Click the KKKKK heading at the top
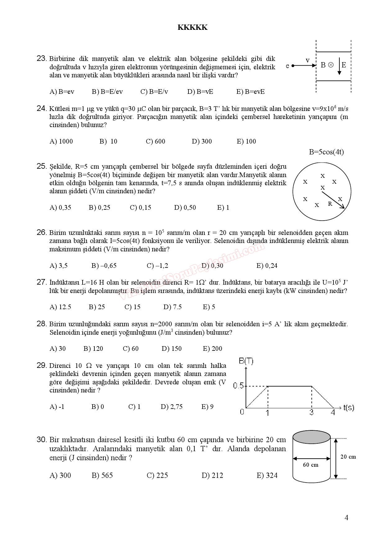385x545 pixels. [192, 27]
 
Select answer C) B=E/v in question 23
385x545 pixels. [154, 92]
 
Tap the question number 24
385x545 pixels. [41, 108]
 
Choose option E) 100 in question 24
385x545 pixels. [246, 141]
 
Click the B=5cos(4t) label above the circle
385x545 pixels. [326, 152]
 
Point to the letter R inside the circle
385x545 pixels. [330, 204]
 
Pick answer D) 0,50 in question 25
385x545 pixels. [185, 208]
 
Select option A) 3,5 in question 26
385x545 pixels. [59, 266]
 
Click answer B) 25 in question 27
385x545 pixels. [97, 307]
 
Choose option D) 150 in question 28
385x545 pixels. [171, 349]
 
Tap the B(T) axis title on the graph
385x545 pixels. [246, 361]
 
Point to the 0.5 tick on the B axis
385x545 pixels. [238, 386]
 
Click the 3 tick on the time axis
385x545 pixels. [311, 413]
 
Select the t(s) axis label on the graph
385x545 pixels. [348, 408]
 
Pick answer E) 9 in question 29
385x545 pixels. [207, 407]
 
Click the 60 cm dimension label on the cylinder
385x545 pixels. [310, 465]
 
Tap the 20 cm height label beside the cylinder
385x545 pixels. [348, 457]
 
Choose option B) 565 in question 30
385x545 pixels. [102, 475]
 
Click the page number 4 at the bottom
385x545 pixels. [346, 518]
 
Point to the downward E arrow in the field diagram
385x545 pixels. [339, 66]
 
